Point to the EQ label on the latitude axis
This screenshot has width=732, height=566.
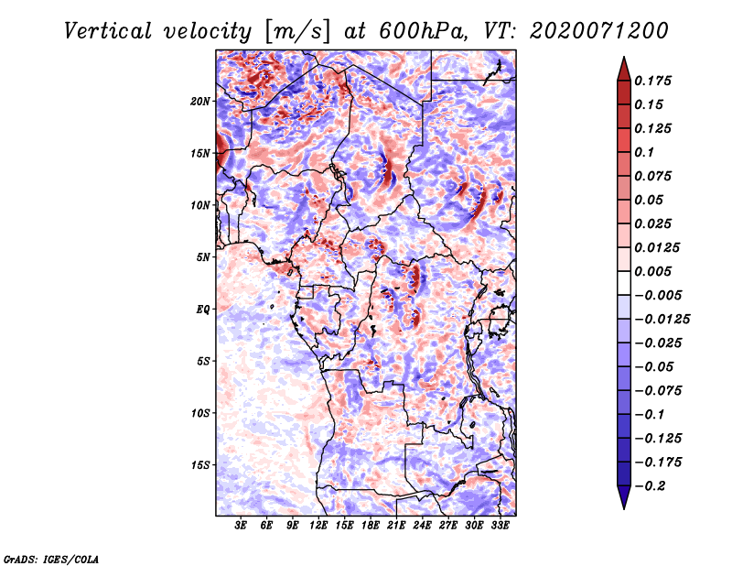click(204, 309)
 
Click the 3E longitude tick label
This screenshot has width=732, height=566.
click(242, 526)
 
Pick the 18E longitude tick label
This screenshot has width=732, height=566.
click(370, 526)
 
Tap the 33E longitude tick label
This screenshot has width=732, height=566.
click(500, 526)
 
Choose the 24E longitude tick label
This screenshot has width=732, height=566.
click(422, 526)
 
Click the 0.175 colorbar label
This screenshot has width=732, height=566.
click(654, 81)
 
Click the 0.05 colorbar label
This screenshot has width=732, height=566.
click(651, 200)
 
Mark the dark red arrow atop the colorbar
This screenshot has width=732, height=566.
click(623, 67)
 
